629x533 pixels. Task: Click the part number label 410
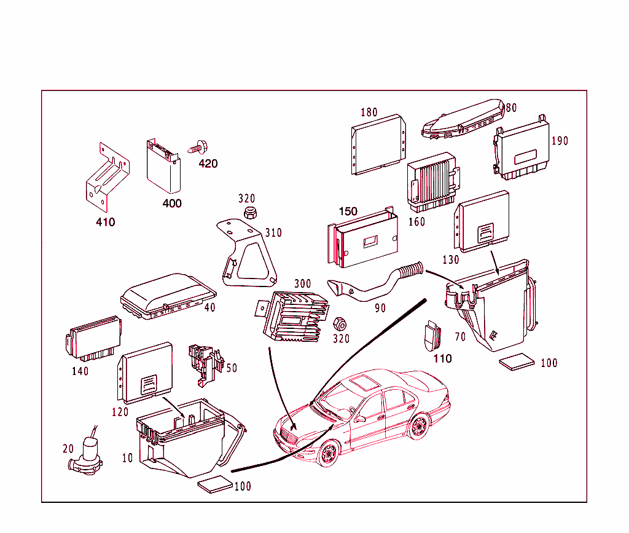(105, 222)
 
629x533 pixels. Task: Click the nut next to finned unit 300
(338, 323)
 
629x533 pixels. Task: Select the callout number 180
(369, 113)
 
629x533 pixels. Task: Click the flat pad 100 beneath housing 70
(517, 362)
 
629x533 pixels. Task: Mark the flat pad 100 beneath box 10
(215, 484)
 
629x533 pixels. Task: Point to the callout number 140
(80, 371)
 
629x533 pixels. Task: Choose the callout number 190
(560, 141)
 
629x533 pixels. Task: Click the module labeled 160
(431, 181)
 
